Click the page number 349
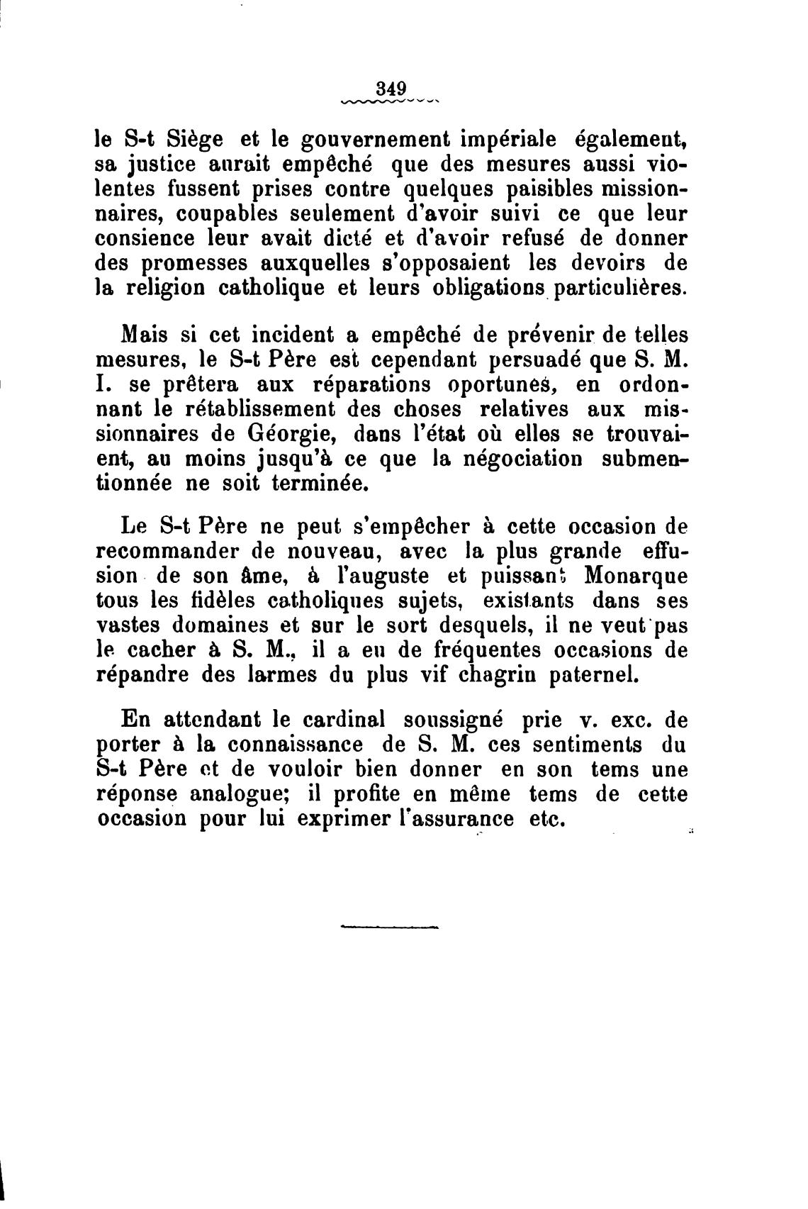point(391,89)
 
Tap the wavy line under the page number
point(391,101)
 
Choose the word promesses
point(196,264)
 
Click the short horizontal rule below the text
point(390,926)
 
